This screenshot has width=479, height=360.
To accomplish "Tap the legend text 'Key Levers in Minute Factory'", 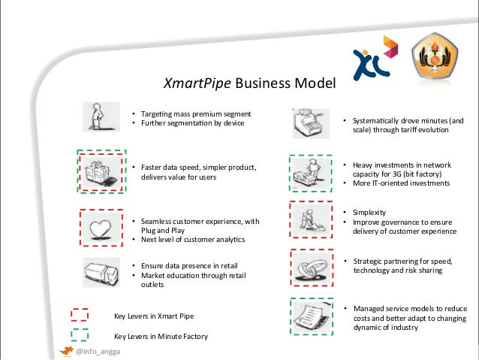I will point(160,336).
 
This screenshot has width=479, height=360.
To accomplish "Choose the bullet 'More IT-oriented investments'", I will point(396,183).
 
